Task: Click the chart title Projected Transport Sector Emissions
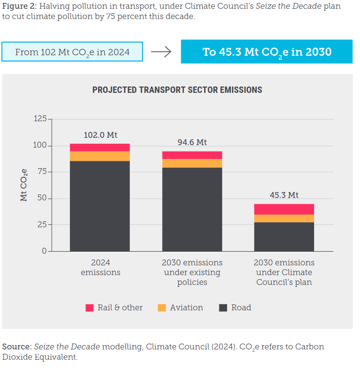(x=177, y=90)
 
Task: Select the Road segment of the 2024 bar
(x=100, y=206)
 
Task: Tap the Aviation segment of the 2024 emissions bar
(x=100, y=156)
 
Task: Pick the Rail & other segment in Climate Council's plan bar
(x=284, y=209)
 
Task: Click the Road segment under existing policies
(x=192, y=209)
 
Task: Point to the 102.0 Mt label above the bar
(x=100, y=135)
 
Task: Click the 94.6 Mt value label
(x=192, y=143)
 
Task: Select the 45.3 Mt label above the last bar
(x=284, y=195)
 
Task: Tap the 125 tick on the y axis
(x=40, y=119)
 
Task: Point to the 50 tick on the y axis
(x=42, y=198)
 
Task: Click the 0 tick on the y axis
(x=44, y=251)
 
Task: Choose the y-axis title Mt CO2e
(x=23, y=185)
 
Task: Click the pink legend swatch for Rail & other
(x=89, y=308)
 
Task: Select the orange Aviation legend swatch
(x=162, y=308)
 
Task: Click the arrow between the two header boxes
(x=161, y=52)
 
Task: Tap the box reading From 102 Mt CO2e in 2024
(x=72, y=52)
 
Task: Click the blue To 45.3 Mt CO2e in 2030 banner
(x=267, y=52)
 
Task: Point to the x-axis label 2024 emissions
(x=100, y=267)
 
